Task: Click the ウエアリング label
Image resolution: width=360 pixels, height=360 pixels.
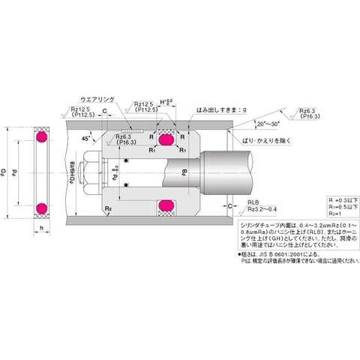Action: tap(92, 98)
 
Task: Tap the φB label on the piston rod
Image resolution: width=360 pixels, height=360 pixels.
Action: tap(184, 172)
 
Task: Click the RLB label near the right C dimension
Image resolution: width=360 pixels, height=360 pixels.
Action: tap(255, 202)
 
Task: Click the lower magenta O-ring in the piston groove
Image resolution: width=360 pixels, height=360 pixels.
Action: tap(165, 205)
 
